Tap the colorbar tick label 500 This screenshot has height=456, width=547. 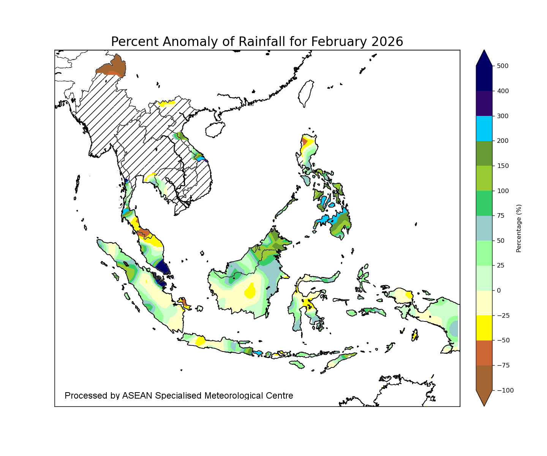(x=502, y=66)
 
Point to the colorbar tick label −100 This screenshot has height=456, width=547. (x=504, y=390)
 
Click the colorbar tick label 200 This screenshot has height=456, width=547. (x=502, y=141)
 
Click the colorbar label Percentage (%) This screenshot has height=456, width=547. (x=519, y=228)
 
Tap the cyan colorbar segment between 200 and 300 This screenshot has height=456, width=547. (x=484, y=128)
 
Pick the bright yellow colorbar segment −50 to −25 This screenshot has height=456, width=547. (x=484, y=328)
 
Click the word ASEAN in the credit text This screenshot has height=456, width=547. (x=137, y=396)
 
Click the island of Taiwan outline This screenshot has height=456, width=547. (x=306, y=93)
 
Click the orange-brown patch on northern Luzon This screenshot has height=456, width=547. (x=304, y=141)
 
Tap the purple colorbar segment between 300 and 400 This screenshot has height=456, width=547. (x=484, y=103)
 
